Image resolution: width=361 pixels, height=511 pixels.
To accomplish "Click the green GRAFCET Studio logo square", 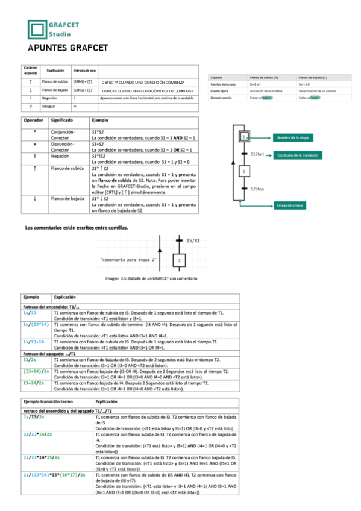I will (x=37, y=30).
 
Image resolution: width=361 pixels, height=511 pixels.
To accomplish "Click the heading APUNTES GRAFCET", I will (x=67, y=48).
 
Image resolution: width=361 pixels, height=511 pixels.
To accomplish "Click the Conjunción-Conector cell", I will (x=63, y=133).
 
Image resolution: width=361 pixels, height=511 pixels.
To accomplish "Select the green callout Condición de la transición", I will (x=297, y=155).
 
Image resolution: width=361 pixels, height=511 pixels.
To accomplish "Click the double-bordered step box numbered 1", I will (x=243, y=137).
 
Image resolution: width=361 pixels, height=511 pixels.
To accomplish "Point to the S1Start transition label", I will (x=257, y=155).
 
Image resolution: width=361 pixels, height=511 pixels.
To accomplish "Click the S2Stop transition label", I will (x=257, y=189).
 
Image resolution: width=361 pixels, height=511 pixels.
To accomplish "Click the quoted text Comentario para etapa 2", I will (x=128, y=259).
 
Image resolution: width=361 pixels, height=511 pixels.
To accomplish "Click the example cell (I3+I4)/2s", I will (x=36, y=371).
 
